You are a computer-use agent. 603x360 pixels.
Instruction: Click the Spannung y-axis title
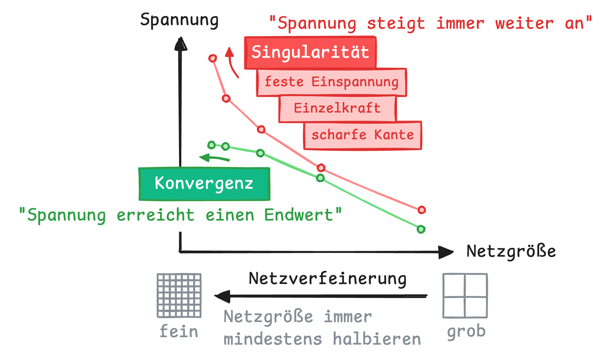[179, 20]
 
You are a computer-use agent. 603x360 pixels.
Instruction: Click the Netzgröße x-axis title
[511, 251]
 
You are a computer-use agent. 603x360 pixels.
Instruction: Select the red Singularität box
[310, 52]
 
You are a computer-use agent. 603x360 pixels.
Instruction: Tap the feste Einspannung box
[331, 82]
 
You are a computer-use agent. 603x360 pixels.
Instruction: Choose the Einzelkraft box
[337, 109]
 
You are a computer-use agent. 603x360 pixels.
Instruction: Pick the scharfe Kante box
[363, 135]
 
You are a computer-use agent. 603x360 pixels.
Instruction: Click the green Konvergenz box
[204, 183]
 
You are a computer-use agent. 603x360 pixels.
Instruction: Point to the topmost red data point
[213, 58]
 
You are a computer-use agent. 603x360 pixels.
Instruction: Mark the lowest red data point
[422, 210]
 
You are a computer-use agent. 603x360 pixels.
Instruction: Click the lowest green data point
[421, 229]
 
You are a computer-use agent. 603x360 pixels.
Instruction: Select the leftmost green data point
[212, 145]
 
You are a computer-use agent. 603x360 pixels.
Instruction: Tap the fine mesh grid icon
[179, 296]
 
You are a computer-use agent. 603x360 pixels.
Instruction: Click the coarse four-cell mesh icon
[465, 296]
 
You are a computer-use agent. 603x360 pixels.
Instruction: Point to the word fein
[179, 332]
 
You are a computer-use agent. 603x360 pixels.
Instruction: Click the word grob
[466, 332]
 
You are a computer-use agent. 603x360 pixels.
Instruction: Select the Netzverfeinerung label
[328, 279]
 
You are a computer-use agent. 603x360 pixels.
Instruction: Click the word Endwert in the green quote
[299, 215]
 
